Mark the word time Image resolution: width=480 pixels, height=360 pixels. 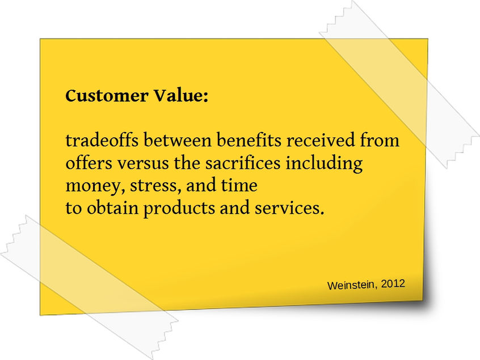(239, 185)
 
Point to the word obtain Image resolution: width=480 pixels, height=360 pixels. (112, 208)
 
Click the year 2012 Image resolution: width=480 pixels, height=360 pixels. (393, 282)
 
